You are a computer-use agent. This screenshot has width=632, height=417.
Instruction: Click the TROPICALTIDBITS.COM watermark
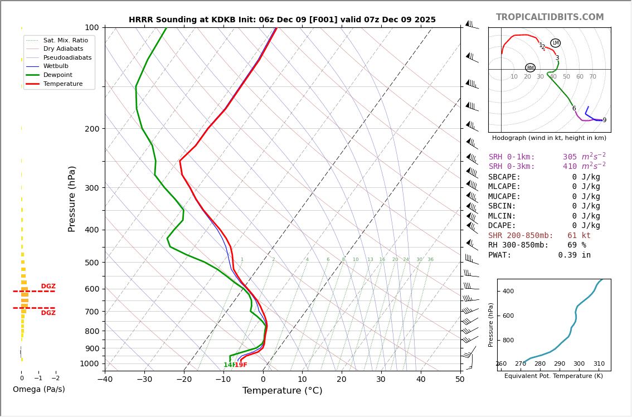550,17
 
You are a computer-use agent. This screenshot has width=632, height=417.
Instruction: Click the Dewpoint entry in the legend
57,75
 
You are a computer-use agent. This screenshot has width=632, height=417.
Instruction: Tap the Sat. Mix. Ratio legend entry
65,40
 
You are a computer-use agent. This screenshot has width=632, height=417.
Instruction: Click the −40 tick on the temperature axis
105,380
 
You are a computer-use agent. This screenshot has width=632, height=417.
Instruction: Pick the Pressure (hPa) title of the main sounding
72,198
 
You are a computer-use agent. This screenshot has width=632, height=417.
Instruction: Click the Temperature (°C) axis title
282,391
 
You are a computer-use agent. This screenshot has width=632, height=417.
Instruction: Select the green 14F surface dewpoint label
229,365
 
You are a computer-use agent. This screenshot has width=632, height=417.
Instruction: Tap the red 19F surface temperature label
241,365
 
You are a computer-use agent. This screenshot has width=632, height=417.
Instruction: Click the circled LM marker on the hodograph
555,43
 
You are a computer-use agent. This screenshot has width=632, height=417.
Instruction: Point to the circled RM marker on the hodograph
530,68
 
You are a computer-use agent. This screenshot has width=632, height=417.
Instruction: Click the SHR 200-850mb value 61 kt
578,236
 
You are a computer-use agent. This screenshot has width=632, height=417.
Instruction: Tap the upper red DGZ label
48,287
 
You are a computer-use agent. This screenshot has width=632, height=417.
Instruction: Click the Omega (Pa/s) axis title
38,390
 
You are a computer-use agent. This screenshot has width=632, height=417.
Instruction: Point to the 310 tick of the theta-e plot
599,364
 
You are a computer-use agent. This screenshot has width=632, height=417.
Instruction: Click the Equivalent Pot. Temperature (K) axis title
553,376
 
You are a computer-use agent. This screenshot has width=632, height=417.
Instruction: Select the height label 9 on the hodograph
604,120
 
